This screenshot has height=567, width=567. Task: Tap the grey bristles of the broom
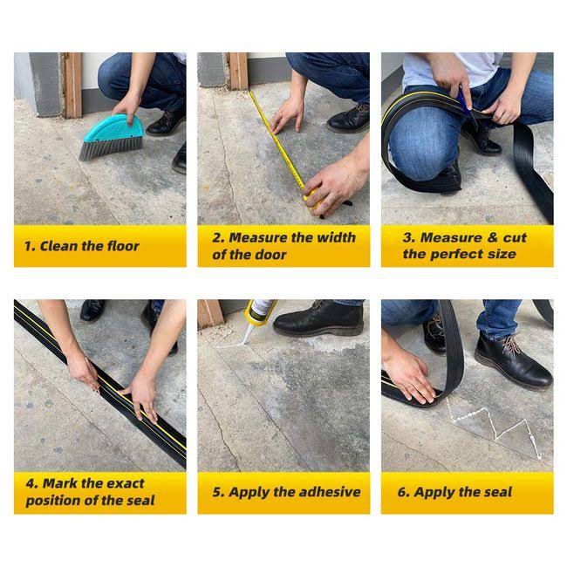point(108,149)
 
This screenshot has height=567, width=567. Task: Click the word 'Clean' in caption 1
point(58,246)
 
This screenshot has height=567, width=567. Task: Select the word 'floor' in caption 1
point(120,246)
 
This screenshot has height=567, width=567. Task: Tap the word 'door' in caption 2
point(270,255)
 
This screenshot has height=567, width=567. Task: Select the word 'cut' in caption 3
point(515,237)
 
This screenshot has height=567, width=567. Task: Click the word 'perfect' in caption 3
point(457,254)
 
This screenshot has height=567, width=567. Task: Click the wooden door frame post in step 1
point(72,85)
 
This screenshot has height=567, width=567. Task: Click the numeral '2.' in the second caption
point(218,238)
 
